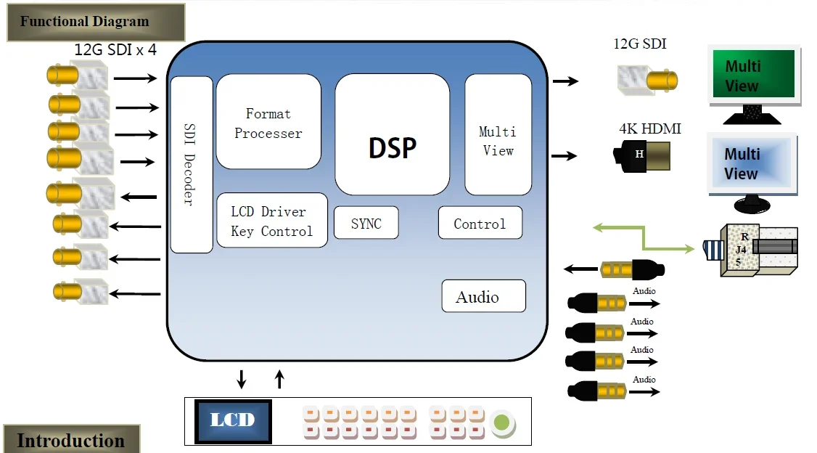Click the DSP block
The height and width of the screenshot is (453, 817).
click(x=392, y=135)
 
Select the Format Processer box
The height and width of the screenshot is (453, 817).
click(x=268, y=121)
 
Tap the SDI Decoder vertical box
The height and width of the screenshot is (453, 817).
click(x=192, y=165)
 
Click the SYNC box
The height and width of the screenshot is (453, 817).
click(x=366, y=223)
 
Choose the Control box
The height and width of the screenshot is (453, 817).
click(x=480, y=223)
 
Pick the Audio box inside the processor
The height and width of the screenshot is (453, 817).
click(x=483, y=296)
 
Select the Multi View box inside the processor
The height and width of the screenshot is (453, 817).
click(x=498, y=135)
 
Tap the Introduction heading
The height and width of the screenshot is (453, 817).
click(x=70, y=440)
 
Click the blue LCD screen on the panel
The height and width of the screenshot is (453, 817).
click(x=233, y=420)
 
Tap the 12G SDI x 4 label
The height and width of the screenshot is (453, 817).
click(x=115, y=50)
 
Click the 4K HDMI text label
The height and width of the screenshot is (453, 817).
click(x=650, y=129)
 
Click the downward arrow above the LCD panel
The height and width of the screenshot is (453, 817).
click(x=242, y=379)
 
